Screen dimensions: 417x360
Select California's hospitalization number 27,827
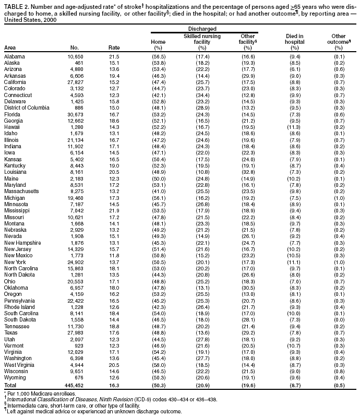73,82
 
